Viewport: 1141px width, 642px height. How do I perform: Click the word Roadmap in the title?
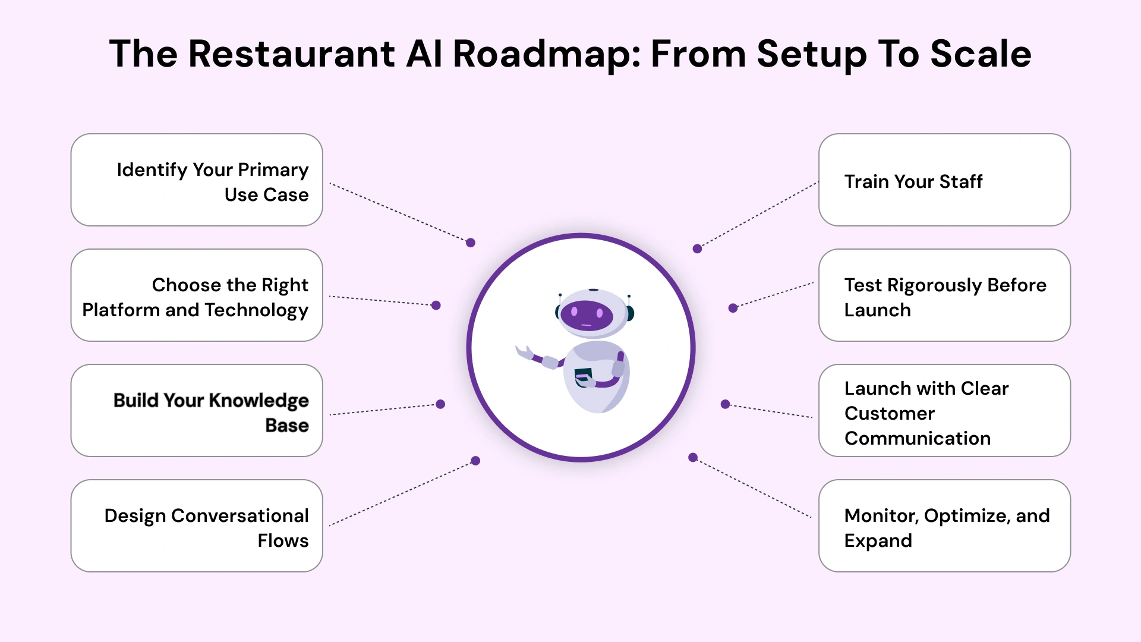click(546, 54)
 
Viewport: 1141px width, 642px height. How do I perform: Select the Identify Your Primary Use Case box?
click(197, 180)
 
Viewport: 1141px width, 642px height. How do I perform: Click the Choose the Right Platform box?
click(197, 295)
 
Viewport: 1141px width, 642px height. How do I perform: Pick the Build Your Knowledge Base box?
click(197, 410)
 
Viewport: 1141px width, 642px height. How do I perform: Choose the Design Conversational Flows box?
click(197, 525)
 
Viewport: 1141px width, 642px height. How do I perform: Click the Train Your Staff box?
click(944, 180)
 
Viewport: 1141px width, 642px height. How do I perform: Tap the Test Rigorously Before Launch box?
click(944, 295)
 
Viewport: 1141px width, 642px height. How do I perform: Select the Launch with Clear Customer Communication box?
click(944, 410)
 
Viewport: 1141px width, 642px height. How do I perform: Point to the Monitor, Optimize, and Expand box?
click(944, 525)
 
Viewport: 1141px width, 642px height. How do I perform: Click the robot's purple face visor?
click(587, 315)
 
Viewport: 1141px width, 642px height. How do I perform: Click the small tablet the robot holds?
click(583, 376)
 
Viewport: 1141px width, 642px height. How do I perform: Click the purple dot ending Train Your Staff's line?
click(697, 248)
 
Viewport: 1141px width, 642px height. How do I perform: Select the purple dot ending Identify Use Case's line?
click(471, 243)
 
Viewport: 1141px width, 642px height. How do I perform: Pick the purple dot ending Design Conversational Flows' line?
click(475, 461)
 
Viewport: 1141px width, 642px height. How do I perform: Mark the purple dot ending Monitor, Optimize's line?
click(693, 457)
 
